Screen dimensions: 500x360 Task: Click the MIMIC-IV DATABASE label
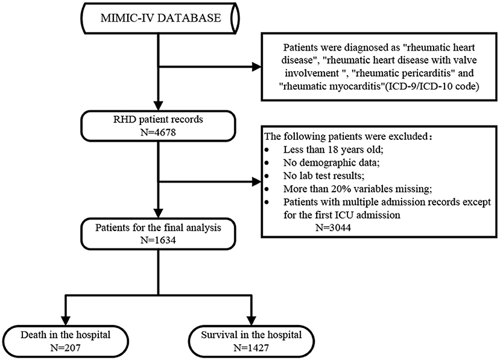160,17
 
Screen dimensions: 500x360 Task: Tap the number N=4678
158,132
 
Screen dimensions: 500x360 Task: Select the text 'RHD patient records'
158,119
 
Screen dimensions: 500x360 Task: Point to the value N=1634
158,240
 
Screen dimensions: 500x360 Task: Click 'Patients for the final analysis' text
158,228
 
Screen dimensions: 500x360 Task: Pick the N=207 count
65,347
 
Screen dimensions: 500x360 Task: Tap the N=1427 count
252,347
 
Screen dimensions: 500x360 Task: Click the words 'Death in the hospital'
65,335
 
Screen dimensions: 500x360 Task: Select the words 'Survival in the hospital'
252,335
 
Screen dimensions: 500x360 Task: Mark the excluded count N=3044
333,228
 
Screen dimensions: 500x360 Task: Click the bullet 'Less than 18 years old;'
333,150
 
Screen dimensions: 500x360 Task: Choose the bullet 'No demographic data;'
332,163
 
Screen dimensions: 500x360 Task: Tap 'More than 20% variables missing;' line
358,189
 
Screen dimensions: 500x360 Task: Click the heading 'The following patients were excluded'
346,136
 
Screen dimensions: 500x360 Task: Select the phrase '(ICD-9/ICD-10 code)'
431,86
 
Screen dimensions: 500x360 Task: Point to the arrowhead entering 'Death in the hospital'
65,320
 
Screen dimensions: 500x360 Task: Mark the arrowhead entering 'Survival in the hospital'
252,320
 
